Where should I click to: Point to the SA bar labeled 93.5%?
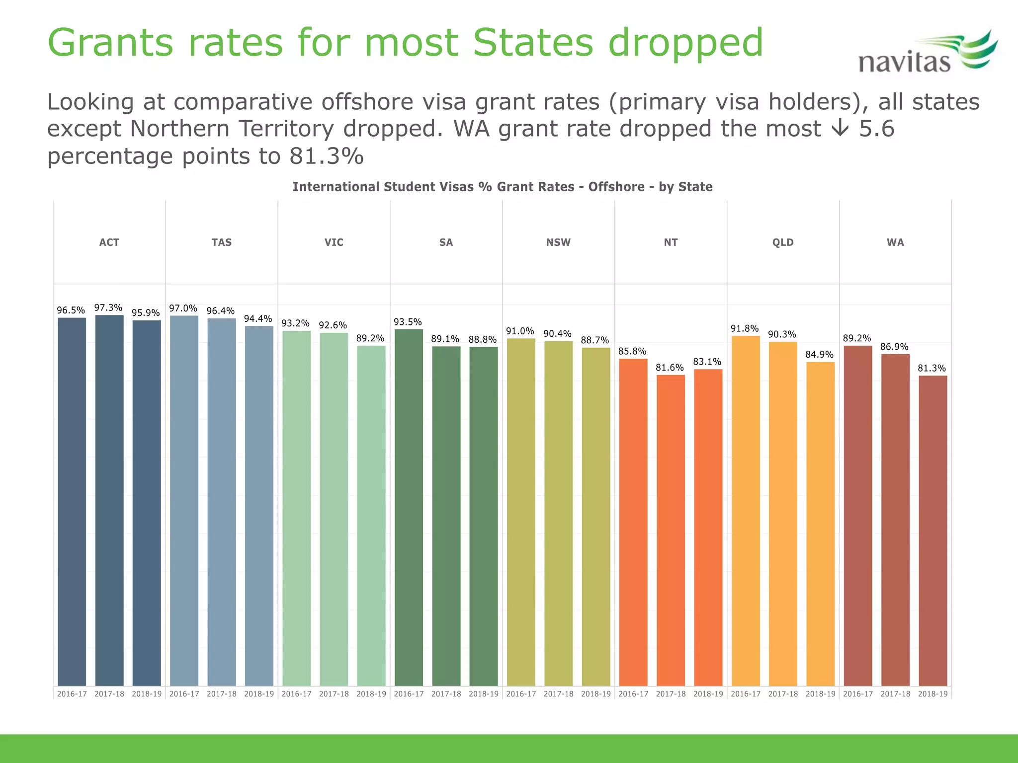pyautogui.click(x=409, y=507)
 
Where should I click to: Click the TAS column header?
pyautogui.click(x=222, y=242)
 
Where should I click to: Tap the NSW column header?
pyautogui.click(x=558, y=242)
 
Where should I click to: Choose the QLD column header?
pyautogui.click(x=783, y=242)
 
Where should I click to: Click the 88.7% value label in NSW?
pyautogui.click(x=594, y=340)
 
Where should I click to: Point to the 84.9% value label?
pyautogui.click(x=819, y=355)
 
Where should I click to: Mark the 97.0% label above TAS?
pyautogui.click(x=183, y=308)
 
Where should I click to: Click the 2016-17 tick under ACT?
pyautogui.click(x=72, y=694)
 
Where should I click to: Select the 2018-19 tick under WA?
pyautogui.click(x=933, y=694)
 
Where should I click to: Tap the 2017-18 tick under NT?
pyautogui.click(x=671, y=694)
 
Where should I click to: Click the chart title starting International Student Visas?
pyautogui.click(x=502, y=187)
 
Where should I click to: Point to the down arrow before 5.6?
pyautogui.click(x=840, y=129)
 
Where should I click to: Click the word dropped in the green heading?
pyautogui.click(x=685, y=43)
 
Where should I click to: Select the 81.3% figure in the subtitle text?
pyautogui.click(x=327, y=156)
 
